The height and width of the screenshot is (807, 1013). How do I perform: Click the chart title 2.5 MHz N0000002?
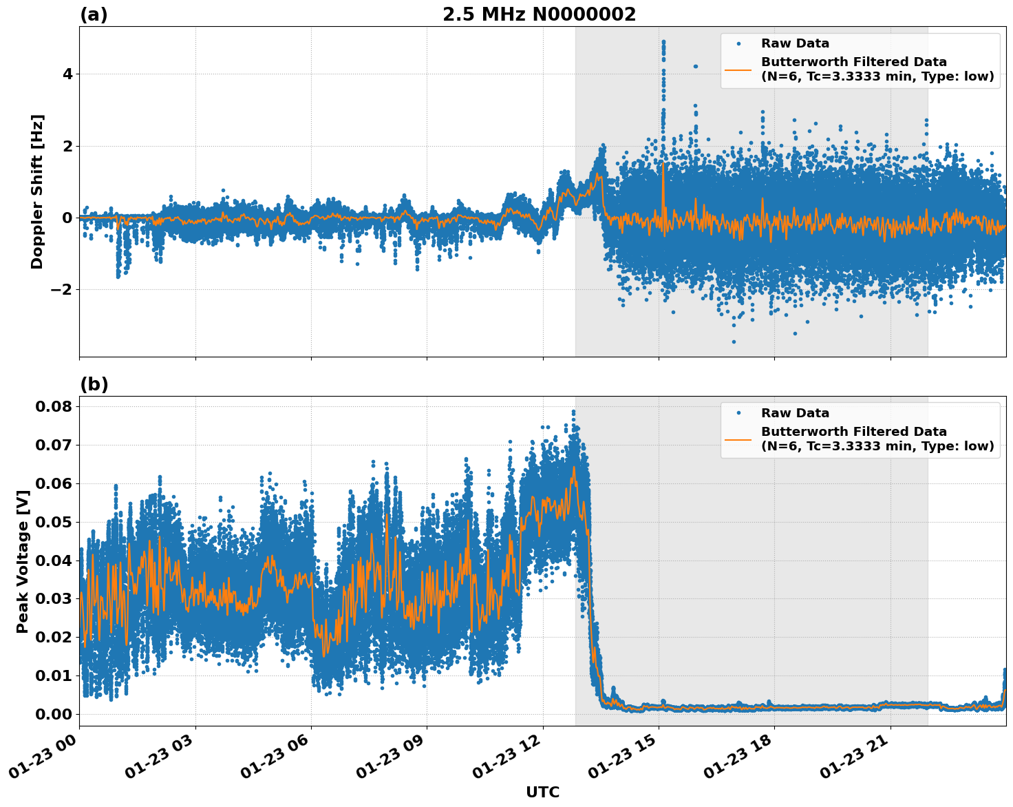click(539, 14)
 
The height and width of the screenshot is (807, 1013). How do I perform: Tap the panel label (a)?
click(94, 14)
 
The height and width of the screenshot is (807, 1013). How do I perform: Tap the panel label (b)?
click(94, 384)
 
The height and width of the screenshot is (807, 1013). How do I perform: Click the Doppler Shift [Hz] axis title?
click(37, 191)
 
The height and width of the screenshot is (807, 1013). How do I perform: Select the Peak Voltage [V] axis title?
click(23, 561)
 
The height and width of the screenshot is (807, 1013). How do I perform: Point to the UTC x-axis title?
click(542, 792)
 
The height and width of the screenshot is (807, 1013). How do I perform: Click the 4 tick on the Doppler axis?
click(67, 74)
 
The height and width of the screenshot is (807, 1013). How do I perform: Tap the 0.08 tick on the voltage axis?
click(54, 406)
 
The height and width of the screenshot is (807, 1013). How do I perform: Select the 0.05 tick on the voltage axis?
click(54, 522)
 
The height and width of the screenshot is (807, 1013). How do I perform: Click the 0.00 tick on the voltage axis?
click(54, 714)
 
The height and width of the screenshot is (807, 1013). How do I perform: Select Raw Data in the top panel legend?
click(795, 43)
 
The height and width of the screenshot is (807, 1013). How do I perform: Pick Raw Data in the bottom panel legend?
click(795, 413)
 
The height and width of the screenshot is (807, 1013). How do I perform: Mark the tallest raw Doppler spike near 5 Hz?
click(663, 43)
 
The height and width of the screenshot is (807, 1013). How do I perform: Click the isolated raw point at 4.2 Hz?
click(695, 66)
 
